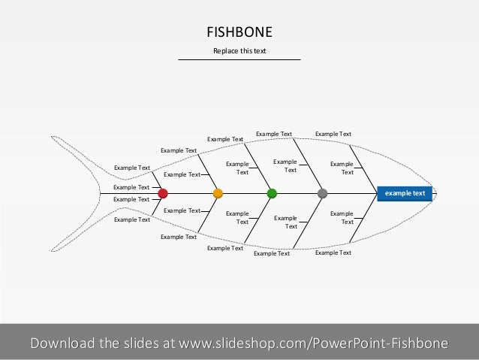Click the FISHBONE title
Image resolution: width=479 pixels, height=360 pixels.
coord(239,32)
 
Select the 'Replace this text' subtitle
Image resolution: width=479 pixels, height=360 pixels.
coord(239,50)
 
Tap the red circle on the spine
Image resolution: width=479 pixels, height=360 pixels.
coord(163,193)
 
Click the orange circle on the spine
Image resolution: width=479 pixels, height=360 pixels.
coord(218,193)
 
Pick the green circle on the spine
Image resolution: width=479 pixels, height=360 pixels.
coord(272,193)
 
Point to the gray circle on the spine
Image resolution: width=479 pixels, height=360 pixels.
coord(323,193)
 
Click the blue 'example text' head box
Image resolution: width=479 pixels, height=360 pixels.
coord(405,193)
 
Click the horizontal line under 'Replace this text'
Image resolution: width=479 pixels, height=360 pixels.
coord(239,59)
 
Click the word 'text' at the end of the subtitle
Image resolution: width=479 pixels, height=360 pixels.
coord(260,50)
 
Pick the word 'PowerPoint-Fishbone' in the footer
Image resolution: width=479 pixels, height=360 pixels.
coord(385,343)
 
